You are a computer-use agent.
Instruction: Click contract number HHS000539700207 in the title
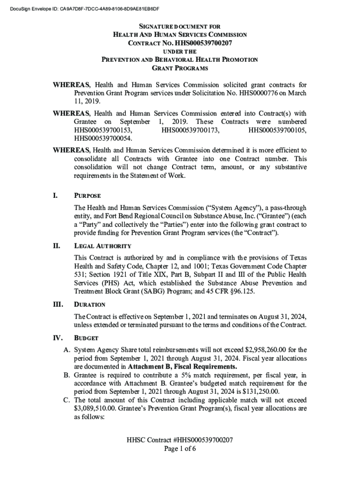[204, 44]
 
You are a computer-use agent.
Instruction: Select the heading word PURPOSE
[87, 196]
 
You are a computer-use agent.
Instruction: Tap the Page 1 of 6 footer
[180, 449]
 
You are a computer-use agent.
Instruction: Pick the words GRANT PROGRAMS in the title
[180, 68]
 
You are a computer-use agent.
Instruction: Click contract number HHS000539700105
[278, 130]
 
